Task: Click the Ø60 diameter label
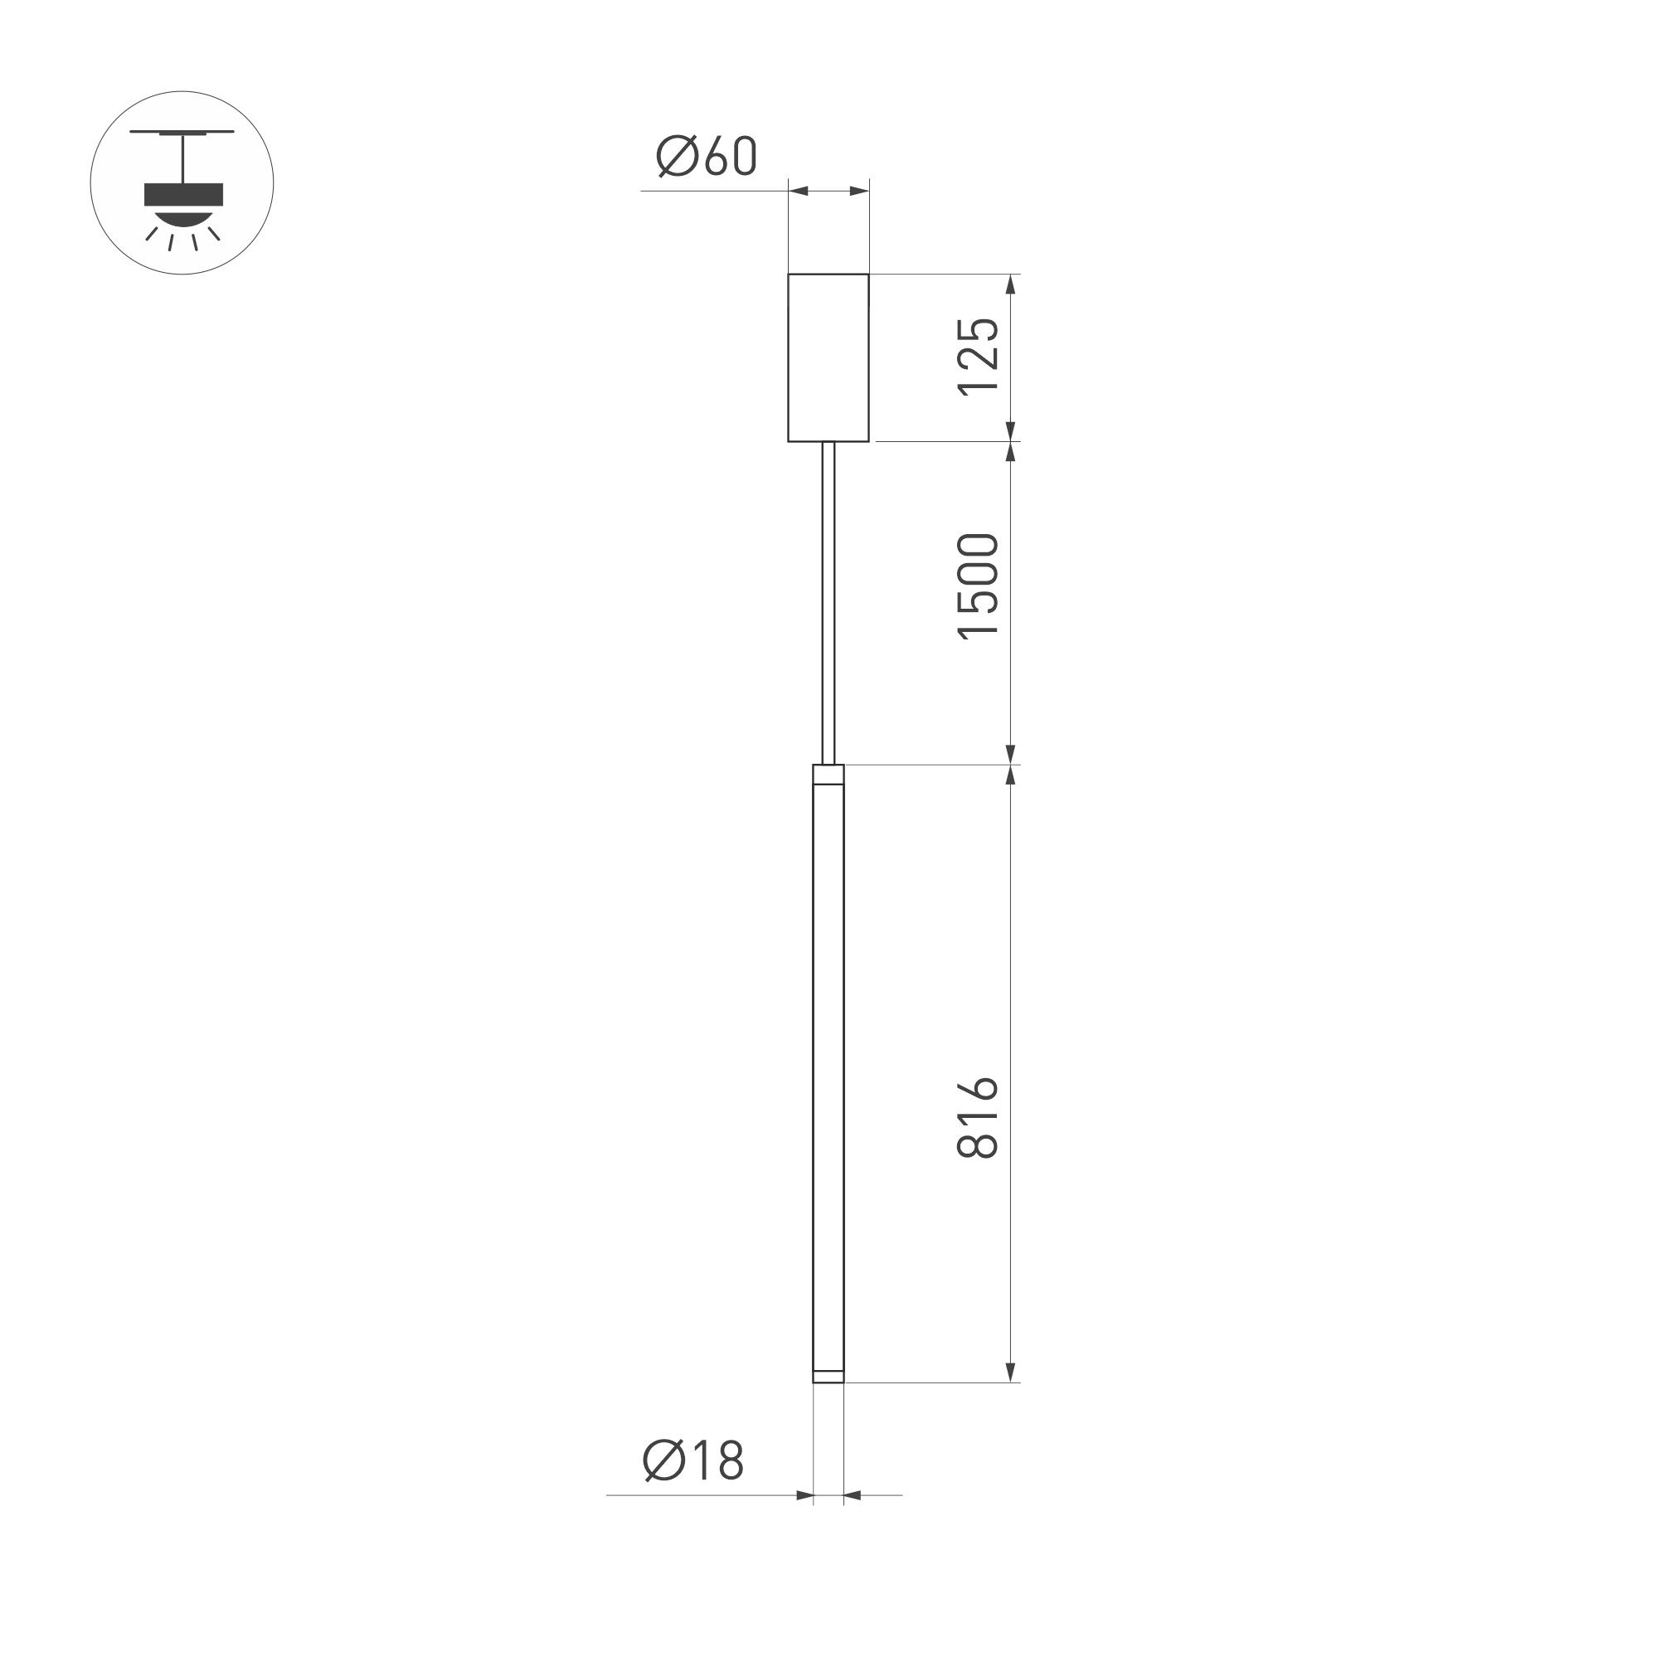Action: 706,156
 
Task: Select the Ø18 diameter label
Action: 693,1460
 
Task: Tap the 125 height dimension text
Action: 979,356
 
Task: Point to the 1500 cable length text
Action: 979,586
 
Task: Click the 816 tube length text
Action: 979,1118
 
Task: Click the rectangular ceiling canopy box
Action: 828,357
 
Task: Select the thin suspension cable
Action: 828,600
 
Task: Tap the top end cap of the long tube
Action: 828,775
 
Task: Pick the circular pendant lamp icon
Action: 182,182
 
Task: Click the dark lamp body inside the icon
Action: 182,195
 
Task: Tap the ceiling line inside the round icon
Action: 182,132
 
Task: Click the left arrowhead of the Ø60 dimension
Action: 799,191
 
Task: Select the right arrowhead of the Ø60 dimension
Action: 858,191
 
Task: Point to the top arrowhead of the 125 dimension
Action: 1010,284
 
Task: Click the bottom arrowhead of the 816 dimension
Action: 1010,1396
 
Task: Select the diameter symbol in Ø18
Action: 663,1460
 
